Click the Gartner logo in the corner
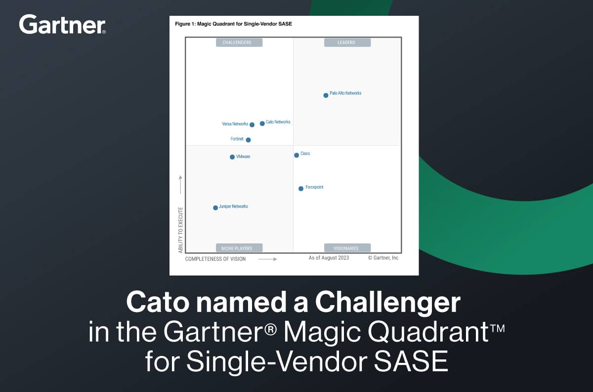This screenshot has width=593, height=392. [62, 24]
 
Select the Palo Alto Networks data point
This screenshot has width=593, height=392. [326, 95]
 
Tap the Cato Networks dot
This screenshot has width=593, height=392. [262, 123]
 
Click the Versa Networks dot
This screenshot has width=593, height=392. [252, 125]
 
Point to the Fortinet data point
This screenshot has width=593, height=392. [248, 140]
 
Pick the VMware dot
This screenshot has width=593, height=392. [232, 157]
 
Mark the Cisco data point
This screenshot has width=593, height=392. [296, 155]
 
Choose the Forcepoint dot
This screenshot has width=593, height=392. [301, 189]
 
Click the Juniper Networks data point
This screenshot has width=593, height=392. [215, 208]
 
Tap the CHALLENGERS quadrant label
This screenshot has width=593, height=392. [239, 42]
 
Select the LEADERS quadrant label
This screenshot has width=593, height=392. [347, 42]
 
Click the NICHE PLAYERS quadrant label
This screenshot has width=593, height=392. [239, 248]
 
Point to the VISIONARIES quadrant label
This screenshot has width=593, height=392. [347, 248]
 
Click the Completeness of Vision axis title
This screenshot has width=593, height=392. [215, 259]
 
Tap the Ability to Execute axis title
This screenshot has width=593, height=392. [180, 230]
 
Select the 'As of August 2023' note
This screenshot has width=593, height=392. [329, 258]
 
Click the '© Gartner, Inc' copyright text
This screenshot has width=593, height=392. [383, 258]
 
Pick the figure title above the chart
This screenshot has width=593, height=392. [233, 24]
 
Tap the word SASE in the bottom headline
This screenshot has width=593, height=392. [411, 361]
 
